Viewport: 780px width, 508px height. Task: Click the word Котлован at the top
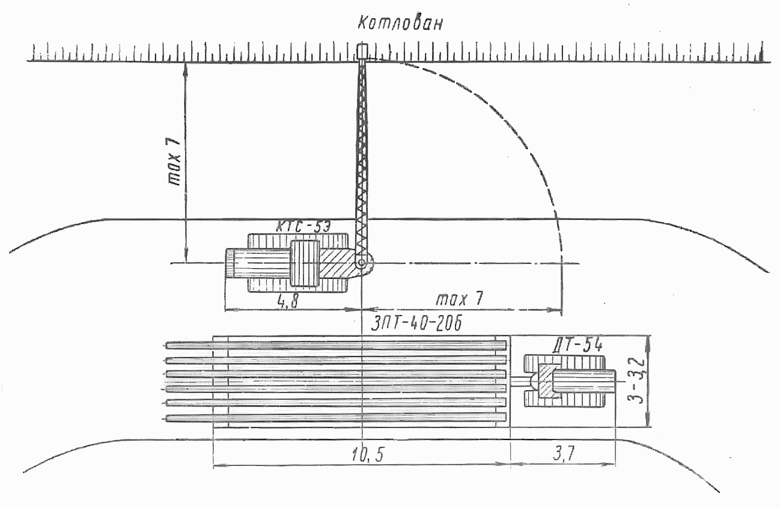click(x=400, y=23)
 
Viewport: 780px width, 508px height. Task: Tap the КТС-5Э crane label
click(x=303, y=227)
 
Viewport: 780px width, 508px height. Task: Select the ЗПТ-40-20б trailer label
click(x=416, y=324)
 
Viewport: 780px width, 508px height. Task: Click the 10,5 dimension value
click(x=368, y=455)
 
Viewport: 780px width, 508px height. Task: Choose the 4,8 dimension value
click(x=288, y=301)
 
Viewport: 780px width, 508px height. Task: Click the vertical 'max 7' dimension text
click(x=174, y=161)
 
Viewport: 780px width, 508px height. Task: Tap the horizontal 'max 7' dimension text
click(x=460, y=299)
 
